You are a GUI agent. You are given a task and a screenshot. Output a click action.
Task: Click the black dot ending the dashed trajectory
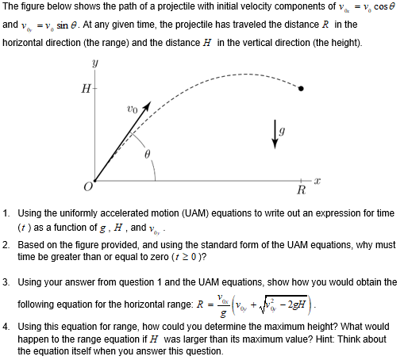coord(301,89)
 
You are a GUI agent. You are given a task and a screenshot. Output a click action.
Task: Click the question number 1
coord(6,213)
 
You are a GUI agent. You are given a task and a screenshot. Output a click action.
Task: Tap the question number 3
coord(6,282)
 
